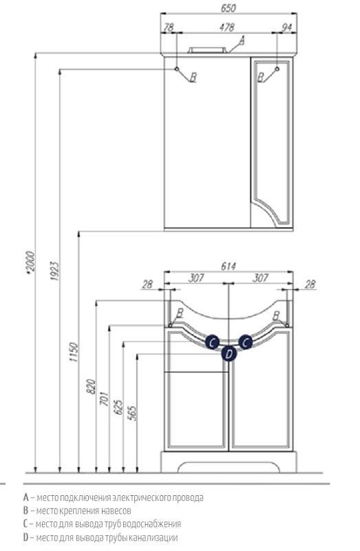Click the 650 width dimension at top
[x=228, y=8]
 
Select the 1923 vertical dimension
[x=55, y=273]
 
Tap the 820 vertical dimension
[x=91, y=386]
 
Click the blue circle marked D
[x=229, y=354]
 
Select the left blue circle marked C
[x=213, y=342]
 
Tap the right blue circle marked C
[x=244, y=342]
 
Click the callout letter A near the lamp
[x=241, y=41]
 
